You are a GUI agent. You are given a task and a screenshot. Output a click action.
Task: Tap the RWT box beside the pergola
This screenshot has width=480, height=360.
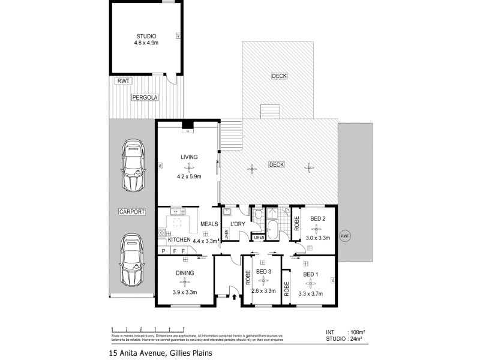(124, 80)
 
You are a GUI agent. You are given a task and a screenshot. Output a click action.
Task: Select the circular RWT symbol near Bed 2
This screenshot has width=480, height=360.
(344, 236)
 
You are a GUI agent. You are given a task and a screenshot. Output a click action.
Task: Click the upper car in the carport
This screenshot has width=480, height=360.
(133, 164)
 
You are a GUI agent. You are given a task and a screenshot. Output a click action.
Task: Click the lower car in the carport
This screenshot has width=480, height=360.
(131, 259)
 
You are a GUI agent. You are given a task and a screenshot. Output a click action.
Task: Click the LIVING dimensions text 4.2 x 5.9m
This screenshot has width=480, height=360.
(188, 176)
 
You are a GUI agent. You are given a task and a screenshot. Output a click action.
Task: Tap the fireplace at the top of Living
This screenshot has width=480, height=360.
(188, 127)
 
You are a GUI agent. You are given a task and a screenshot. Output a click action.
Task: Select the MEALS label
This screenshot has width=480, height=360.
(209, 224)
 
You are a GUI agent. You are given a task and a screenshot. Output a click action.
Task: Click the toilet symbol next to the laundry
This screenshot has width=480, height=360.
(257, 214)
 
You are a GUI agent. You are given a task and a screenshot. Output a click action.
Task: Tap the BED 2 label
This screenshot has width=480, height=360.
(317, 219)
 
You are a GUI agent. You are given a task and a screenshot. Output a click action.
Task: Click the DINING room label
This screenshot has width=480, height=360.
(185, 273)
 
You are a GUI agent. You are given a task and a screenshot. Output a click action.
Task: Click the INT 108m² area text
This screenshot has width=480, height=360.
(347, 331)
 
